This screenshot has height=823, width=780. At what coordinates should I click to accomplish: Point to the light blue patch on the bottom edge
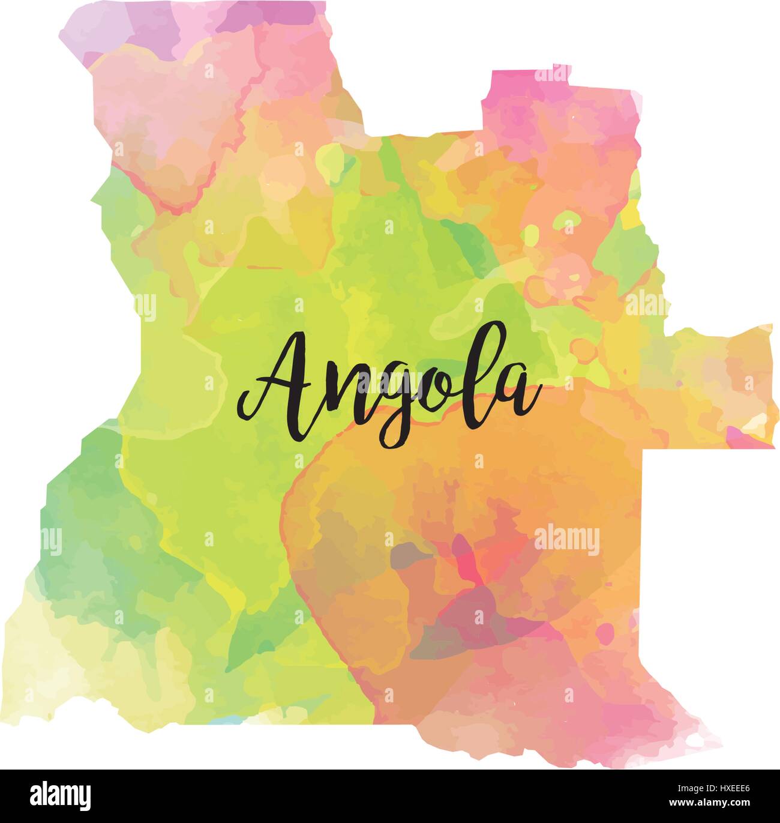tap(228, 719)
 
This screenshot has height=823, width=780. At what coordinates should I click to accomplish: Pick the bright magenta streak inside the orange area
tap(468, 558)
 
